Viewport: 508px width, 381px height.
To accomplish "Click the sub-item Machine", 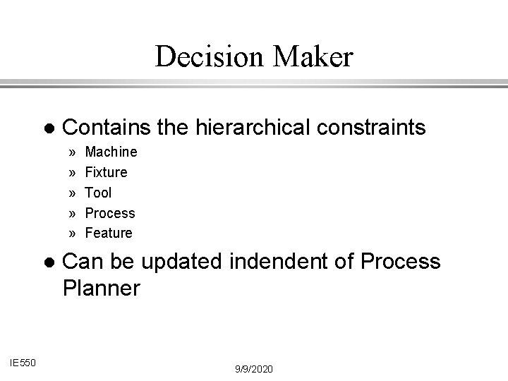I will pos(111,152).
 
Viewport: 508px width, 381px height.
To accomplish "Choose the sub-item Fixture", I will pos(106,172).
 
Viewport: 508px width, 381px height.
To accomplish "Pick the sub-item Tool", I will pos(98,193).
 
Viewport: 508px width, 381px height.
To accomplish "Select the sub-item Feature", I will pos(108,233).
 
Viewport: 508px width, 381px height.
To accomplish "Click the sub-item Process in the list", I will pos(109,212).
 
